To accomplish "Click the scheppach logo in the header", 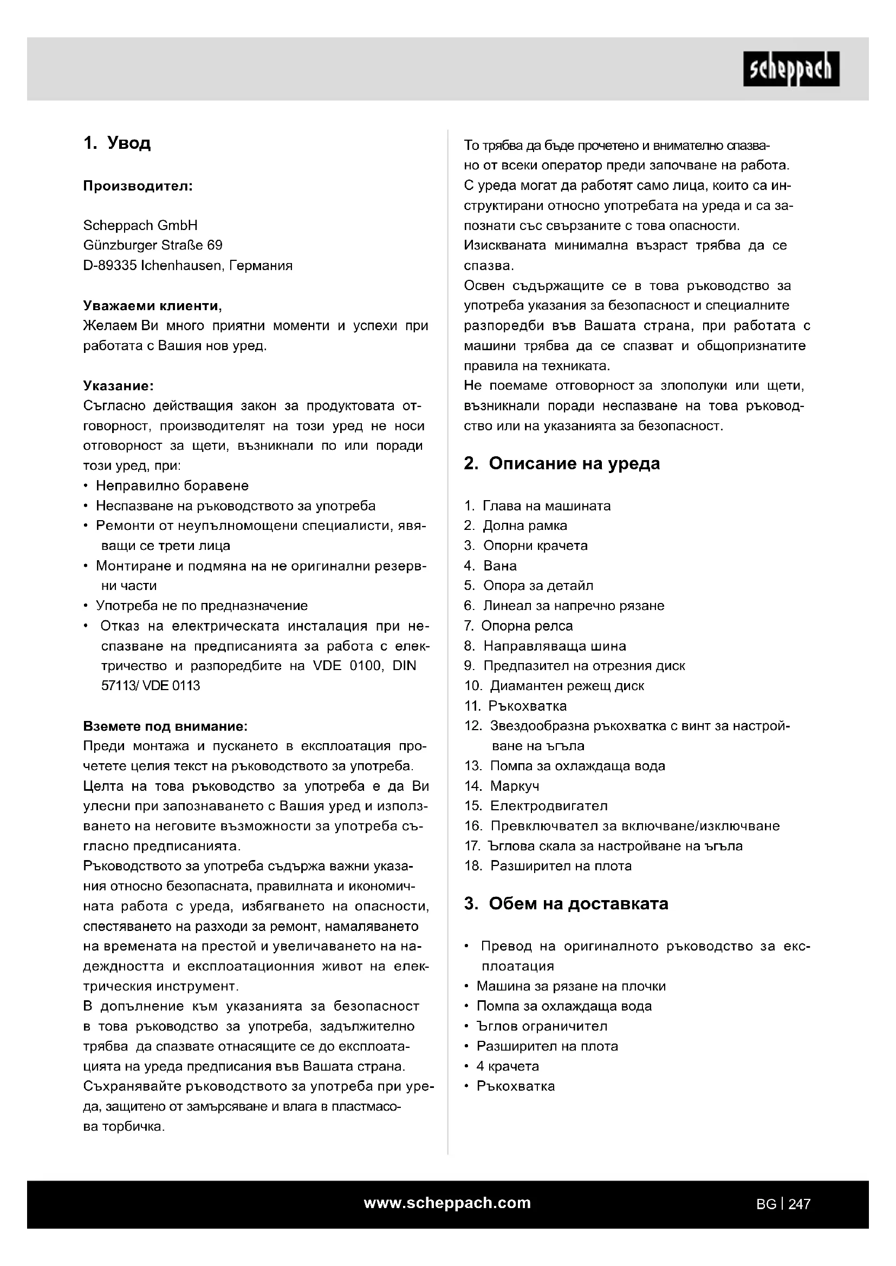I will pos(790,69).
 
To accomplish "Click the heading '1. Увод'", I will pos(117,143).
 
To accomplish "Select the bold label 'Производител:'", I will pos(138,186).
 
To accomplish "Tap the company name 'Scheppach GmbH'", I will pos(140,226).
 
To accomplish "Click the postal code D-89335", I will pos(110,266).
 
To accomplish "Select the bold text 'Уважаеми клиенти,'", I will pos(152,305).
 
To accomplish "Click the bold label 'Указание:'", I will pos(118,385).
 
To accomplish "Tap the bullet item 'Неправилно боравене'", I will pos(172,486).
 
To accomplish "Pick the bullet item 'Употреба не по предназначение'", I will pos(202,606).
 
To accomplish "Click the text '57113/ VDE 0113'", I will pos(151,686).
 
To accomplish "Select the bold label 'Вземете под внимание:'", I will pos(165,726).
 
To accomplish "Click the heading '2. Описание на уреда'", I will pos(562,464).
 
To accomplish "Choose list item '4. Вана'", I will pos(490,566).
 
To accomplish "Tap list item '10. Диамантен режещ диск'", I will pos(554,686).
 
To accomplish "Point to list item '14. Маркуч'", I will pos(502,786).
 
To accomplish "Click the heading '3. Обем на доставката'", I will pos(566,904).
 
